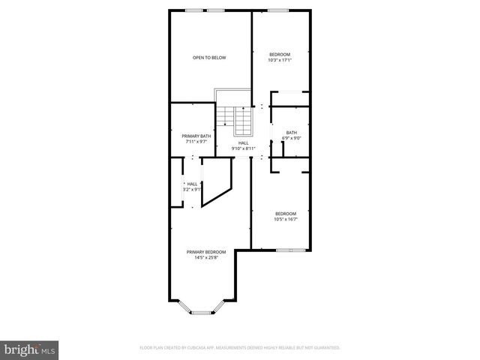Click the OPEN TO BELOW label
coord(209,58)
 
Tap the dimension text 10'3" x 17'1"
coord(280,60)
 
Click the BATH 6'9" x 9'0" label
coord(291,135)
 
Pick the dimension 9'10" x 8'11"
coord(244,148)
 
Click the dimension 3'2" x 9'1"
coord(193,189)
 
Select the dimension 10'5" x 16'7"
coord(285,217)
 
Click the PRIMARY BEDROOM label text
coord(206,252)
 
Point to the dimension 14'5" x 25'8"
coord(206,258)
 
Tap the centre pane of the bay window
coord(200,312)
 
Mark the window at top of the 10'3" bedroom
coord(279,10)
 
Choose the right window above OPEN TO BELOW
coord(216,10)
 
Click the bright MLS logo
coord(28,349)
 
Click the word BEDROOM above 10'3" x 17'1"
coord(280,54)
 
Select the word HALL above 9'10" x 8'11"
coord(244,142)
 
